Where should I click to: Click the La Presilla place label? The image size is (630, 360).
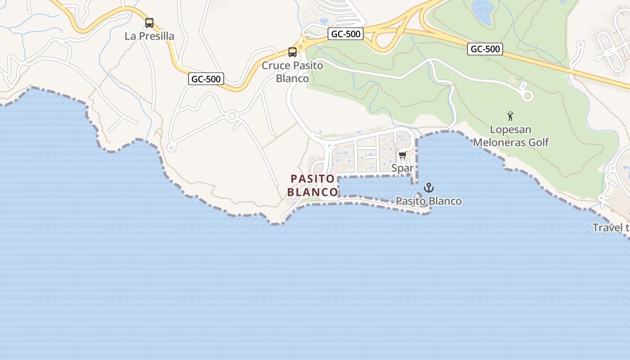(149, 36)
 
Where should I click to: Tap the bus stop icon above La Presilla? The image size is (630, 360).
(149, 22)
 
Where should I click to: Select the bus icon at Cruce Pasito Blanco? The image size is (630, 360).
(292, 52)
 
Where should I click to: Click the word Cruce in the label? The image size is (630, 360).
(276, 66)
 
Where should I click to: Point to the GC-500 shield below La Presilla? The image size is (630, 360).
(206, 79)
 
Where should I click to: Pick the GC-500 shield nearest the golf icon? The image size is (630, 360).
(485, 49)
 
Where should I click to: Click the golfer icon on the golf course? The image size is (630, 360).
(510, 117)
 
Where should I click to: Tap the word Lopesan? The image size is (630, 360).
(510, 130)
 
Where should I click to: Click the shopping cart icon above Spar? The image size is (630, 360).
(402, 155)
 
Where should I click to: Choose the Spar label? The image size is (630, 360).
(402, 169)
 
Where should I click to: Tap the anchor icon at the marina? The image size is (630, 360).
(429, 188)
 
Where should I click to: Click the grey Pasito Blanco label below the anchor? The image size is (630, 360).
(429, 201)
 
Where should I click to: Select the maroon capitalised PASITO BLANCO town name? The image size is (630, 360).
(313, 185)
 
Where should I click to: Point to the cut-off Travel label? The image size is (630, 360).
(611, 228)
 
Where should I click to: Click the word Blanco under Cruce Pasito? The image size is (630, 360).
(292, 79)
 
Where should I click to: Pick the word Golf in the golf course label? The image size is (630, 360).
(539, 143)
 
